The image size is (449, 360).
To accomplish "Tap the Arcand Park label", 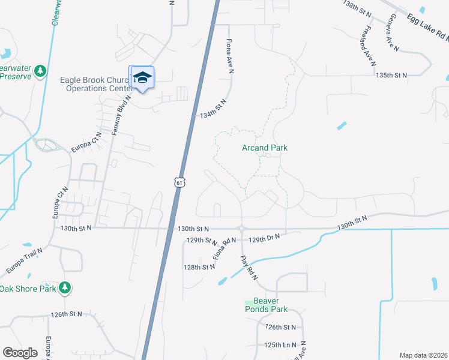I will (x=265, y=148).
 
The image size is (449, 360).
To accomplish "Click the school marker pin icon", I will (x=142, y=77).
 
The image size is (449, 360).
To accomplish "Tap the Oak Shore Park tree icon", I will (x=65, y=289).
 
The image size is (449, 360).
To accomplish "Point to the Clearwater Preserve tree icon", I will (x=40, y=72).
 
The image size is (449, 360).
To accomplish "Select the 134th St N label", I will (x=212, y=109).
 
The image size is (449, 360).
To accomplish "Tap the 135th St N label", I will (x=391, y=75).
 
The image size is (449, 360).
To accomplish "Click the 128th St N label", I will (x=200, y=267).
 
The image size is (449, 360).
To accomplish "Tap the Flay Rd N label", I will (x=248, y=268).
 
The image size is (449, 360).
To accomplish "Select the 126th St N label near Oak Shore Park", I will (x=66, y=314).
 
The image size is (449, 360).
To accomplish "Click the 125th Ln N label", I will (x=280, y=345).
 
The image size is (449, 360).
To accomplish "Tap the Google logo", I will (x=20, y=353).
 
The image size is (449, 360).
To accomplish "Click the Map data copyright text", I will (x=423, y=355).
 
